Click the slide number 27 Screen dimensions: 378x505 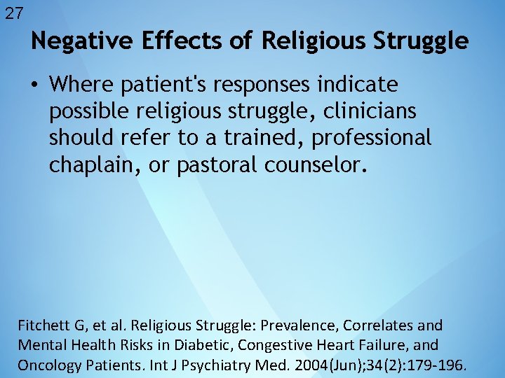(14, 13)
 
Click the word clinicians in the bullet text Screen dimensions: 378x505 (370, 111)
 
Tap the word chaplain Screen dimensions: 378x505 (90, 165)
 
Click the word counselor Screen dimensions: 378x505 (315, 164)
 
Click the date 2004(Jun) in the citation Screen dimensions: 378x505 (321, 365)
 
